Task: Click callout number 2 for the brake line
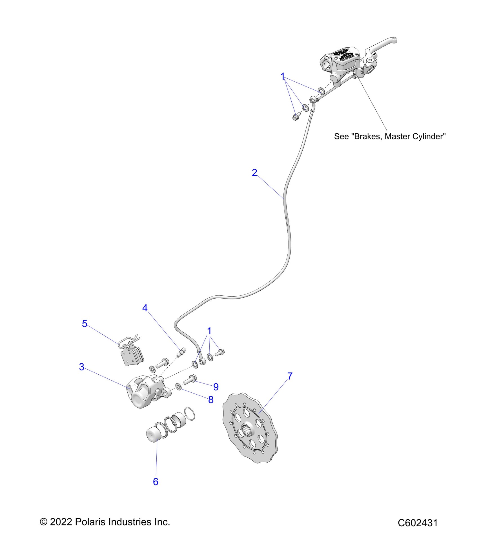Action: pos(254,173)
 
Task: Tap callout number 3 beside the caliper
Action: pos(82,367)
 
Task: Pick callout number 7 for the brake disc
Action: pos(290,376)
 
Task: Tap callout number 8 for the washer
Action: pos(211,399)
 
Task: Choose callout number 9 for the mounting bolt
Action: pos(216,386)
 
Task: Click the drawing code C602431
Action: pos(418,523)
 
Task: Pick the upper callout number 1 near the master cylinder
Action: pos(283,76)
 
